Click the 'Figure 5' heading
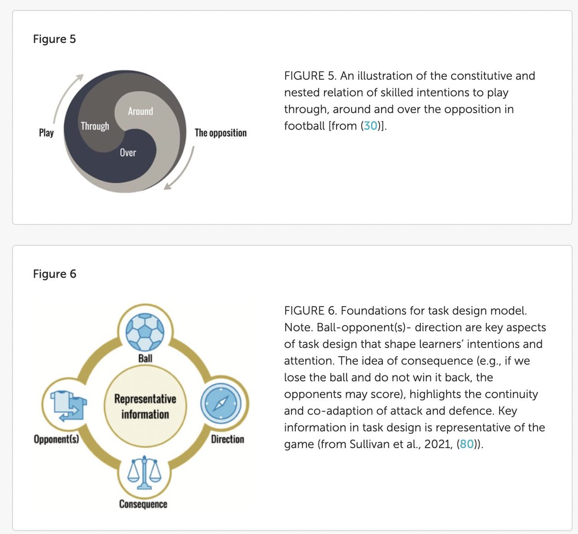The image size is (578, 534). point(54,39)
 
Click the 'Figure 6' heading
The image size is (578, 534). point(54,274)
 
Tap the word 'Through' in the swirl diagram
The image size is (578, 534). point(95,126)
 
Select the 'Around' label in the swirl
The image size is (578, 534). point(140,111)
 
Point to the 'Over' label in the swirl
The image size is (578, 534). point(128,153)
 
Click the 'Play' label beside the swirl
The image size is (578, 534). point(46,133)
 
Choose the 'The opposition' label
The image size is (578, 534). point(220,133)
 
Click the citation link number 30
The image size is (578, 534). point(370,126)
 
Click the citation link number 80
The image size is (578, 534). point(467,444)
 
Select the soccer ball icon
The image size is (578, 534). point(145,332)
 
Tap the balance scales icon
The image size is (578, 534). point(144,472)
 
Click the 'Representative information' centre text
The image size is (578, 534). point(145,406)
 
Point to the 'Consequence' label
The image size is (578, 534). point(143,504)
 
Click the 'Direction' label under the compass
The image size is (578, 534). point(227,439)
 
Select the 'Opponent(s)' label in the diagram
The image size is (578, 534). point(56,439)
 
